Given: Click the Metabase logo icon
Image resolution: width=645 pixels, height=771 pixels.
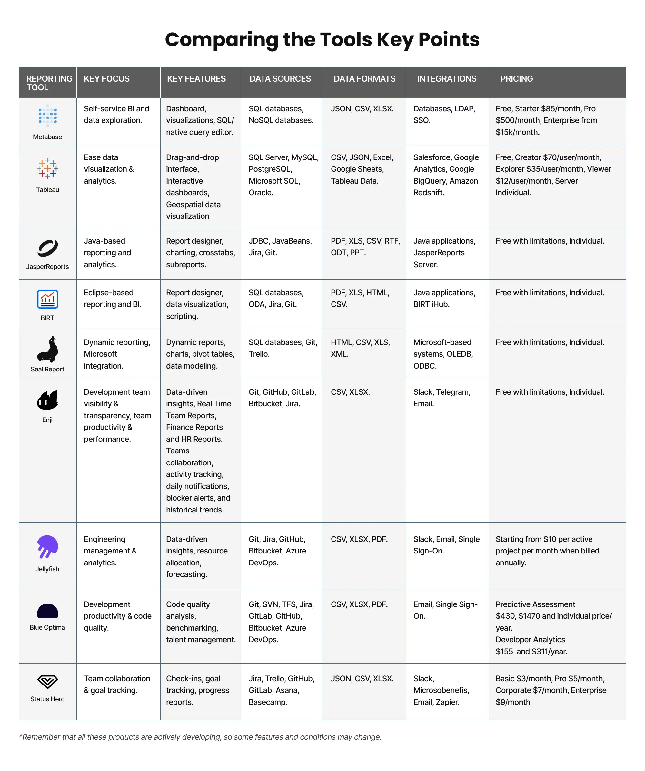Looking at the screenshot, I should point(48,115).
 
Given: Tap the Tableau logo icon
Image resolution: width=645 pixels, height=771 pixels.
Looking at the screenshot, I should point(48,168).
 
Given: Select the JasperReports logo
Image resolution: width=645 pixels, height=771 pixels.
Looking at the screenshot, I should point(48,248).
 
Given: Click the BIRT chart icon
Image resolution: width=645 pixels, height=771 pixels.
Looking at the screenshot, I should point(48,299).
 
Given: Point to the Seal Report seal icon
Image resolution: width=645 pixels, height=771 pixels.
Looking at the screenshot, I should point(48,349).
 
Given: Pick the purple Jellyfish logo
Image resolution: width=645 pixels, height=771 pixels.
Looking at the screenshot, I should point(48,546).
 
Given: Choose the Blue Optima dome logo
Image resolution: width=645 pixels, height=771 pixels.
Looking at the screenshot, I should point(48,611).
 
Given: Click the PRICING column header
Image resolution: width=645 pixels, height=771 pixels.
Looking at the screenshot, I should point(517,79).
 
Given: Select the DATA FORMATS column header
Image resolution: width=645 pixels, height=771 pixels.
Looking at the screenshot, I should point(364,79).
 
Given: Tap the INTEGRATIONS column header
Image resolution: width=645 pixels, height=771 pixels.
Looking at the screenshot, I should point(447,79).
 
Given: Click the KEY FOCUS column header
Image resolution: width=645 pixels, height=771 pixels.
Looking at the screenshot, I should point(107,79).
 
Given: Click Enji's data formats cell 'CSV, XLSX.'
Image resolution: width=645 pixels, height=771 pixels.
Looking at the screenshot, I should point(350,392).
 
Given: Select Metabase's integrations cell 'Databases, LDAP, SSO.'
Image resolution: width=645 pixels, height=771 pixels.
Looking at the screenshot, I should point(444,115).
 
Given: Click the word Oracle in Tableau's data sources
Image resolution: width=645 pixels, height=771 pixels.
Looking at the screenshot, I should point(260,193).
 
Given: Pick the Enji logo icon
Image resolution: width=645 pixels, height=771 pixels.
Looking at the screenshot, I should point(48,400).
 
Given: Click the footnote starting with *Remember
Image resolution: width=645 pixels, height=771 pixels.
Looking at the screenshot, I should point(200,737).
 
